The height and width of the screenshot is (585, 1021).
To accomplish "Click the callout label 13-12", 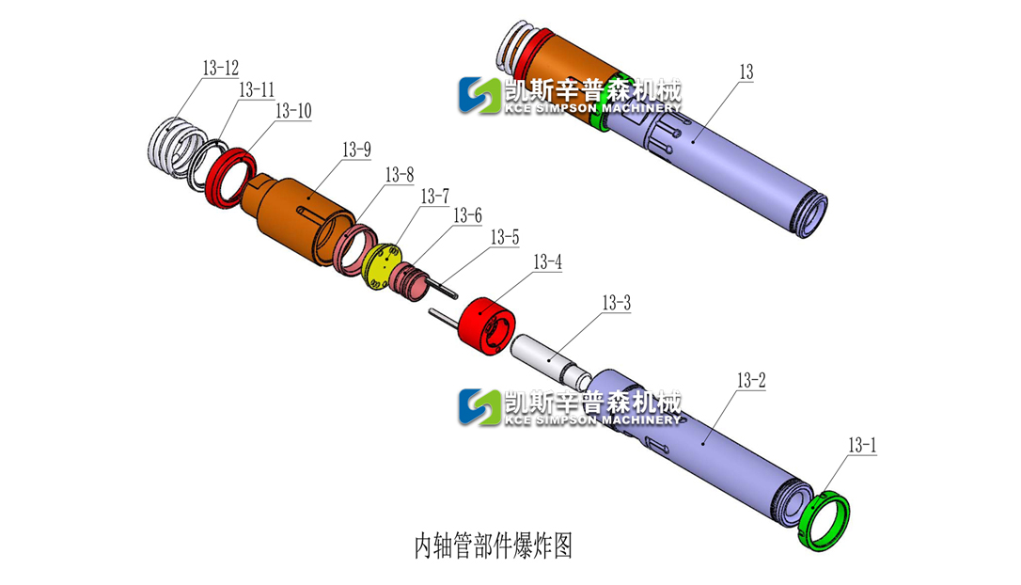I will pyautogui.click(x=220, y=69).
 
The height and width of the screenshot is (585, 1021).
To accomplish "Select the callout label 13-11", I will pyautogui.click(x=256, y=90).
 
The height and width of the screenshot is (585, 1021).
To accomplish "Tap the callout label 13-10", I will pyautogui.click(x=292, y=111).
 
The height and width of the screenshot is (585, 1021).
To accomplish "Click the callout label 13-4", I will pyautogui.click(x=547, y=261).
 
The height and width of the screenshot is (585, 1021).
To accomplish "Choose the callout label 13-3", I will pyautogui.click(x=616, y=304).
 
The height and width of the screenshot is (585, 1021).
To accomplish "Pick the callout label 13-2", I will pyautogui.click(x=751, y=381).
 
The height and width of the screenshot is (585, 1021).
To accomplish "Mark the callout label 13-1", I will pyautogui.click(x=862, y=445).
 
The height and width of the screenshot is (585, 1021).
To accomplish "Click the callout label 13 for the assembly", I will pyautogui.click(x=746, y=72).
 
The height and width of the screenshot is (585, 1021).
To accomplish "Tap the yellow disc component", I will pyautogui.click(x=382, y=268).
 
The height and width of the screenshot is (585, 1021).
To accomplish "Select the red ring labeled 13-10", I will pyautogui.click(x=227, y=173).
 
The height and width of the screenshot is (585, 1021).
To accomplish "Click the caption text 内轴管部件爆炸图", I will pyautogui.click(x=494, y=545).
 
